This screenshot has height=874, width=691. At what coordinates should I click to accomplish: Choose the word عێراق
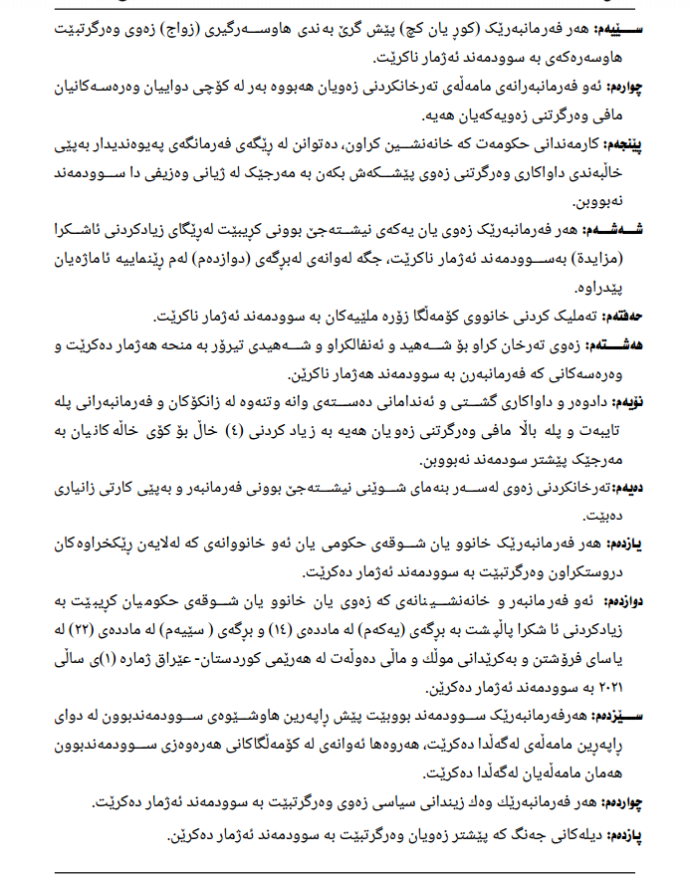pos(183,657)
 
